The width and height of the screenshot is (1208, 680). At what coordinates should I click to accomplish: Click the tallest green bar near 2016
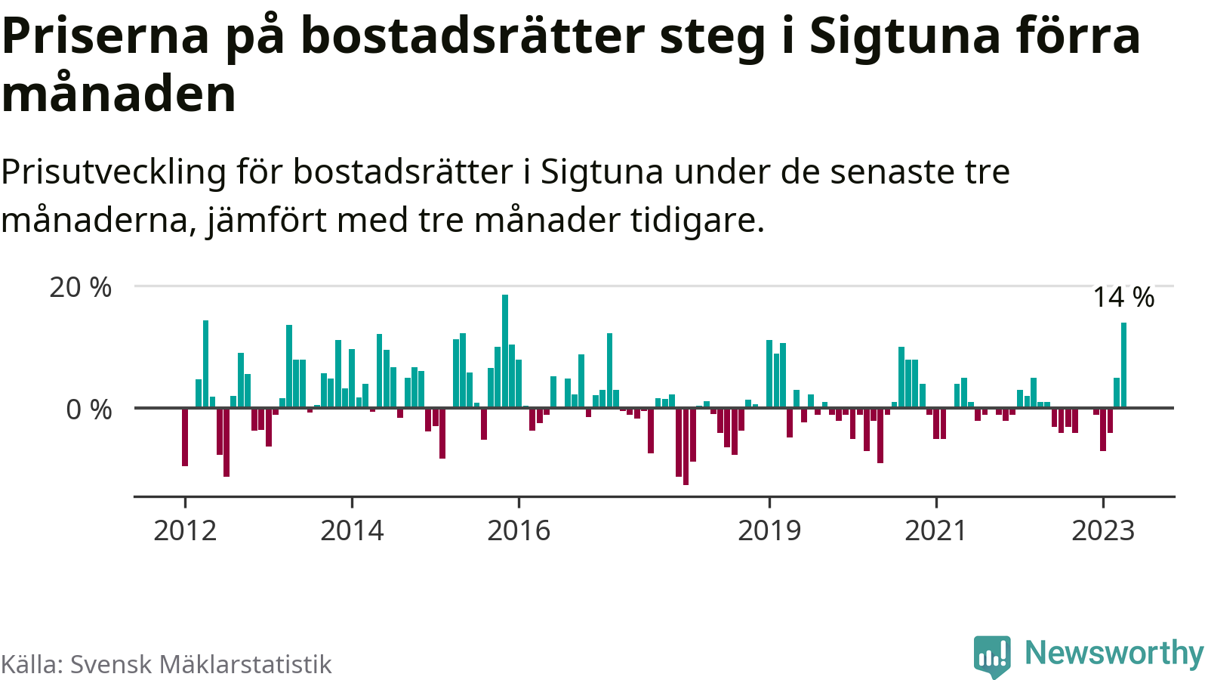tap(505, 351)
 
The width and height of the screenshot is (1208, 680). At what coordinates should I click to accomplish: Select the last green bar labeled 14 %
tap(1123, 366)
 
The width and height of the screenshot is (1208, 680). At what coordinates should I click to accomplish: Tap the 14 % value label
tap(1123, 298)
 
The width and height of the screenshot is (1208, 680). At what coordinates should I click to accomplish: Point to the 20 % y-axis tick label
tap(81, 288)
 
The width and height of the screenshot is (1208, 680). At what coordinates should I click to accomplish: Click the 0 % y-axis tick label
tap(89, 410)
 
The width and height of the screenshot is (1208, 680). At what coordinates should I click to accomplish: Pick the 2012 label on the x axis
tap(185, 531)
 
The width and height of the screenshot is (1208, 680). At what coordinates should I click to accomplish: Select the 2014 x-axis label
tap(352, 531)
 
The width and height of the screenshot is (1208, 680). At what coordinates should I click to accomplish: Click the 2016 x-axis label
tap(519, 531)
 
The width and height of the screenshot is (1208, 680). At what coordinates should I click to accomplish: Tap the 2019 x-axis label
tap(769, 531)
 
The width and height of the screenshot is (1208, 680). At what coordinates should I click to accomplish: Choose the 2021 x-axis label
tap(936, 531)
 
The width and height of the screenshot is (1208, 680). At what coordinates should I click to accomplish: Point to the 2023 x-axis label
tap(1103, 531)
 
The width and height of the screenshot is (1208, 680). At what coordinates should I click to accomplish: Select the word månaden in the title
tap(119, 94)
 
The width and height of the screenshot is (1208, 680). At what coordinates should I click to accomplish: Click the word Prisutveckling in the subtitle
tap(113, 173)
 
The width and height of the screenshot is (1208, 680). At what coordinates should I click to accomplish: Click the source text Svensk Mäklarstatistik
tap(201, 665)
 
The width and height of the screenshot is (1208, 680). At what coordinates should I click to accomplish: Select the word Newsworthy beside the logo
tap(1114, 654)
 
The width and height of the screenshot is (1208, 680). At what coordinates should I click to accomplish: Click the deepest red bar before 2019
tap(686, 446)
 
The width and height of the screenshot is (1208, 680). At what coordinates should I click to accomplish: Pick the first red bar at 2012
tap(185, 437)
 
